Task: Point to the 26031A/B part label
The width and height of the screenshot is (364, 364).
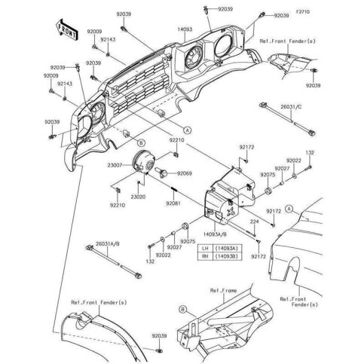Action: [x=106, y=243]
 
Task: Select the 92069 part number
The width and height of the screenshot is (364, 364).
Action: [x=185, y=174]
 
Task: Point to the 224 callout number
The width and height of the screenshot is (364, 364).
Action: [x=255, y=223]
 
